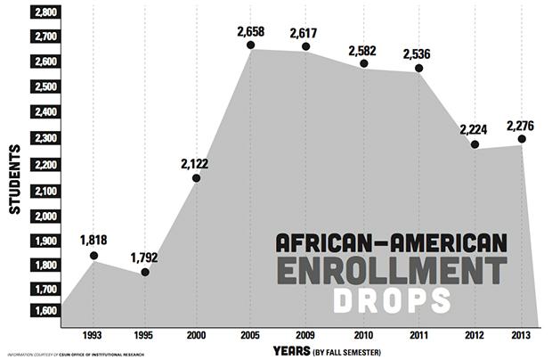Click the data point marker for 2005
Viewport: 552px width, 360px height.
pyautogui.click(x=251, y=45)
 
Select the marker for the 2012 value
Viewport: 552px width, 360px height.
pyautogui.click(x=475, y=144)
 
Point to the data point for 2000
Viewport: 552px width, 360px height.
pyautogui.click(x=196, y=178)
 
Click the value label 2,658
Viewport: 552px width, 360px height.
pyautogui.click(x=251, y=31)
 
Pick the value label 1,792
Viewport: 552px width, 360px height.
pyautogui.click(x=145, y=258)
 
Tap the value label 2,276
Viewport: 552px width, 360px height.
pyautogui.click(x=521, y=126)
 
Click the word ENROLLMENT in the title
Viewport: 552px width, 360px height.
pyautogui.click(x=390, y=271)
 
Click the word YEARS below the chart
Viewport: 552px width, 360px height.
pyautogui.click(x=292, y=350)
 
